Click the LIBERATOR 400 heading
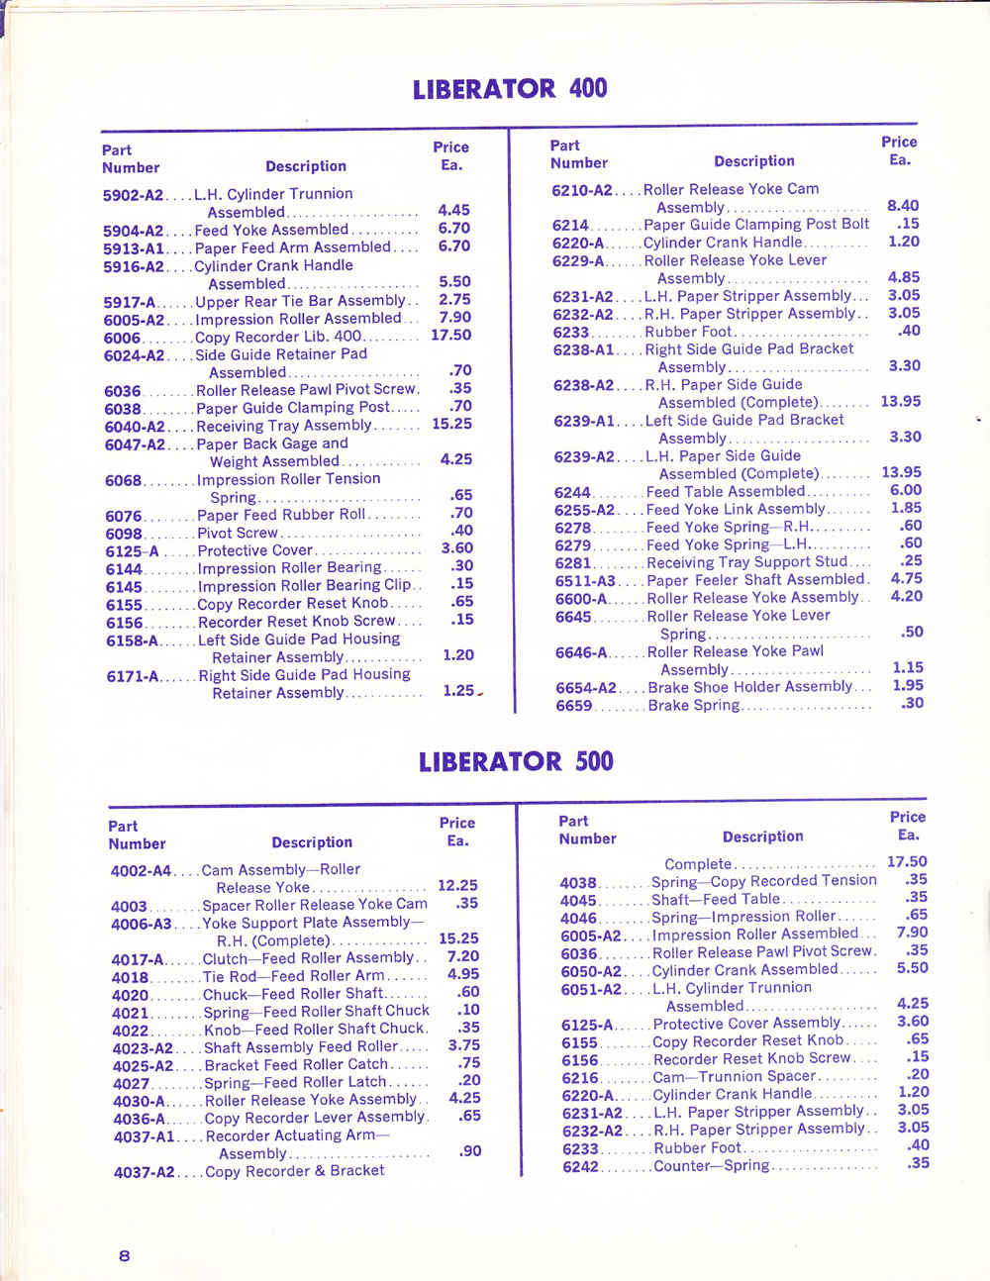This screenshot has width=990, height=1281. click(x=510, y=89)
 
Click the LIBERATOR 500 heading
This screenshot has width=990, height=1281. click(x=516, y=762)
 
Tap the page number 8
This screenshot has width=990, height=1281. click(x=124, y=1256)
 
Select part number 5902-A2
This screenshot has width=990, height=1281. click(x=133, y=195)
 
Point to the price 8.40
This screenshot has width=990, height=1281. click(x=903, y=206)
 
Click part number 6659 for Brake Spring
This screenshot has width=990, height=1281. click(x=574, y=706)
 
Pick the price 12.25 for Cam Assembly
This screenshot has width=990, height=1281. click(x=457, y=886)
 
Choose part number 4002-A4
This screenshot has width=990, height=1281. click(x=141, y=871)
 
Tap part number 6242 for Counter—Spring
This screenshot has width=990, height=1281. click(x=581, y=1167)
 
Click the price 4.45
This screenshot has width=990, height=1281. click(x=453, y=211)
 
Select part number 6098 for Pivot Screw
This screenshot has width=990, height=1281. click(x=124, y=534)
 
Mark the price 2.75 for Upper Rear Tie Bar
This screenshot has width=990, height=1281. click(x=454, y=300)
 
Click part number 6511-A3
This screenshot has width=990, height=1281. click(x=585, y=581)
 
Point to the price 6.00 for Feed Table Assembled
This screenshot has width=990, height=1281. click(x=906, y=490)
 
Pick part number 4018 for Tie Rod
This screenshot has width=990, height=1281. click(x=131, y=977)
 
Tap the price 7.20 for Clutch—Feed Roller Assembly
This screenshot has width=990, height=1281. click(x=463, y=956)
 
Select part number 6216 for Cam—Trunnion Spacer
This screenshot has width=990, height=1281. click(x=580, y=1078)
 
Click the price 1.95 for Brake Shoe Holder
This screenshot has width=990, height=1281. click(x=908, y=685)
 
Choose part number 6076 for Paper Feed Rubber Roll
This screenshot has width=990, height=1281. click(x=124, y=516)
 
